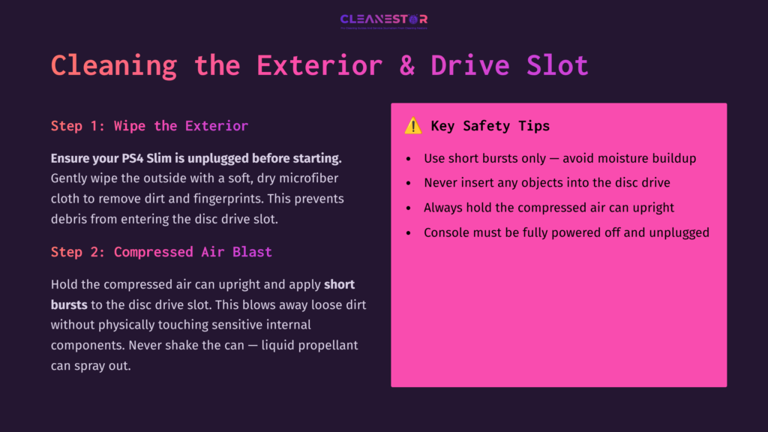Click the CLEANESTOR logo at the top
383,19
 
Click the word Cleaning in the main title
114,66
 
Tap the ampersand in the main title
407,66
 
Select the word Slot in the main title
557,66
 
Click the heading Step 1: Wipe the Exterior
149,125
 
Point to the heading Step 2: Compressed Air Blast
161,252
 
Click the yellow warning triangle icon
413,126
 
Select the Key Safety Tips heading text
490,126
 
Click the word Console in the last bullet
448,232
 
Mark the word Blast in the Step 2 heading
252,252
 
